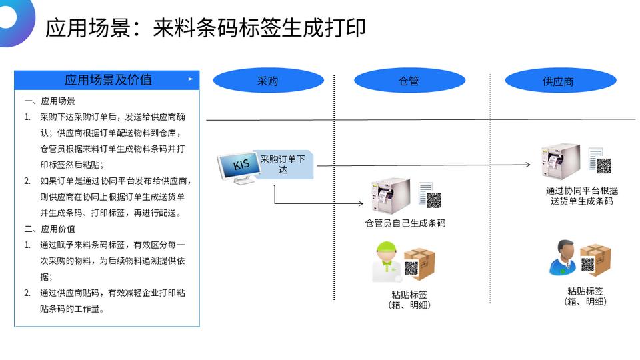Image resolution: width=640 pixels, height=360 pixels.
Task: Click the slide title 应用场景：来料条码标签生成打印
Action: tap(205, 28)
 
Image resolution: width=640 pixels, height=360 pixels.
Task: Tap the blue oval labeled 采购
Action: tap(268, 81)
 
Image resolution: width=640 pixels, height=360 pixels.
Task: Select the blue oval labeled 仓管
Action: tap(409, 81)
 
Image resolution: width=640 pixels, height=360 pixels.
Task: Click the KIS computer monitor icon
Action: tap(237, 169)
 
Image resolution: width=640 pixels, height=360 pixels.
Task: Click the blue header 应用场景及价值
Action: tap(107, 80)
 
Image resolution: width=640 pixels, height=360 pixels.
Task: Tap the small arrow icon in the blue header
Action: tap(191, 79)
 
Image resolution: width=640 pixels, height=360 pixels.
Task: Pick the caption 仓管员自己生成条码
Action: tap(405, 223)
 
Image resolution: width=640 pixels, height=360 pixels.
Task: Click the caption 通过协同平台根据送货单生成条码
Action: tap(581, 195)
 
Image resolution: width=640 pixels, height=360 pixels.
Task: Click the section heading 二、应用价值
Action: tap(50, 229)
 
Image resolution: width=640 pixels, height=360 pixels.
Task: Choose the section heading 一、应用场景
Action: tap(50, 101)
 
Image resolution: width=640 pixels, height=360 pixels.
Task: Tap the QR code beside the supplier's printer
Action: tap(604, 166)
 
